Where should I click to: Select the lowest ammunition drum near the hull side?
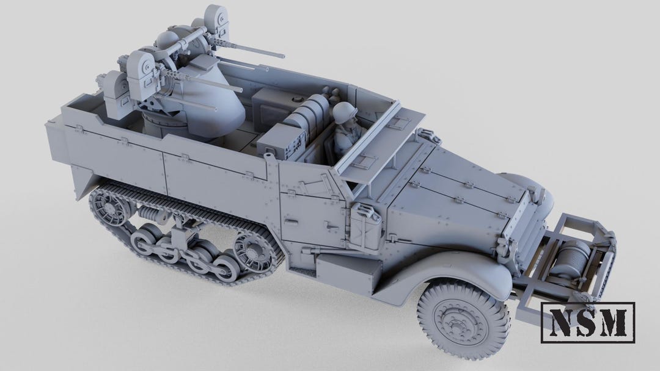pos(111,92)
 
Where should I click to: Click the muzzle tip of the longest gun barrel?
pos(284,56)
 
